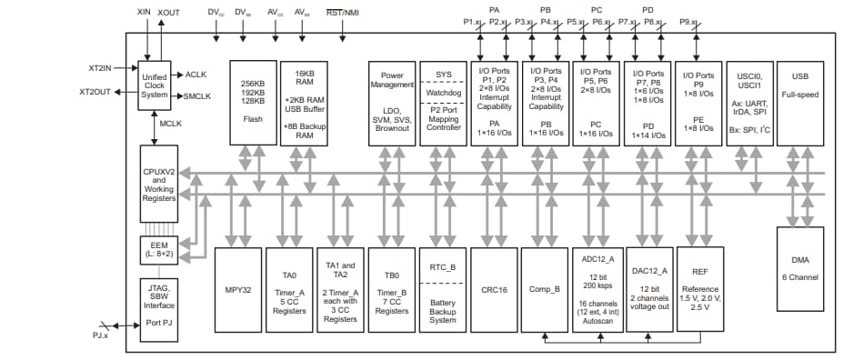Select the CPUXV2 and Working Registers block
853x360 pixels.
[158, 182]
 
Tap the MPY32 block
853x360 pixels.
[236, 290]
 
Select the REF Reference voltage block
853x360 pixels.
[699, 290]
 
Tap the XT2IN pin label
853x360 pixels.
[99, 68]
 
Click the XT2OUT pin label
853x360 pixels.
[95, 92]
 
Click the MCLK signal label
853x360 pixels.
[171, 123]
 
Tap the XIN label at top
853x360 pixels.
[144, 12]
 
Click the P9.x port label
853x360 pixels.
[699, 21]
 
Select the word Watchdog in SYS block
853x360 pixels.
[443, 91]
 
